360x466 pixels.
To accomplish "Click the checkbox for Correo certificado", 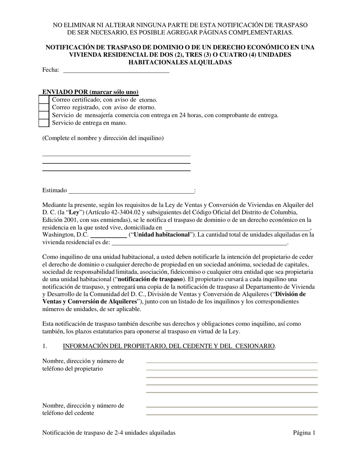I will tap(44, 100).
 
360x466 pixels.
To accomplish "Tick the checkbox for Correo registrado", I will tap(44, 108).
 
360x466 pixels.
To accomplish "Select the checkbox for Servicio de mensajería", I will tap(44, 115).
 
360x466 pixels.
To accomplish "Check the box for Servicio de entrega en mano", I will tap(44, 123).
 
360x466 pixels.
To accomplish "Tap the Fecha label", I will tap(51, 70).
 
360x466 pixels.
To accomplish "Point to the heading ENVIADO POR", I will tap(90, 92).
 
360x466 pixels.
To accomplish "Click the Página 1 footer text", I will tap(304, 433).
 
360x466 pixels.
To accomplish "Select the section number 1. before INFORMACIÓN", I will tap(45, 346).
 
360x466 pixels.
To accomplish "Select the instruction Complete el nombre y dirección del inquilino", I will tap(103, 138).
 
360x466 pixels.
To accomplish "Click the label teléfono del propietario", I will tap(72, 369).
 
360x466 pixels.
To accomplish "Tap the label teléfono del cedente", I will tap(68, 413).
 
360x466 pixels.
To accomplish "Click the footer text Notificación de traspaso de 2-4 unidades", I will tap(109, 433).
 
